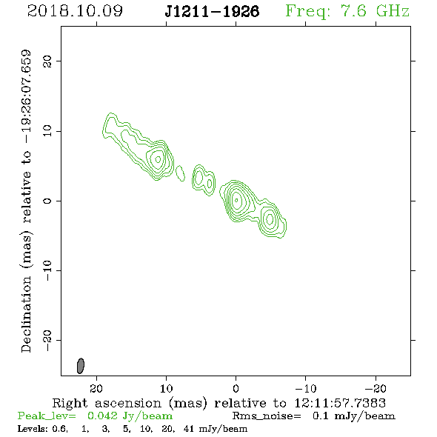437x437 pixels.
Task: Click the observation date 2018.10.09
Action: tap(75, 11)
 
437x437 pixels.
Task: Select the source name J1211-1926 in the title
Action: tap(212, 11)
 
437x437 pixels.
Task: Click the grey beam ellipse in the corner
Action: tap(81, 366)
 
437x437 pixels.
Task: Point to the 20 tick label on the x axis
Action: tap(96, 388)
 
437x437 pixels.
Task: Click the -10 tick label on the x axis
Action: tap(306, 388)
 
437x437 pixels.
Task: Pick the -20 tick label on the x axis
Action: tap(376, 388)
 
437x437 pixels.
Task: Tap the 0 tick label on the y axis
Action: tap(47, 201)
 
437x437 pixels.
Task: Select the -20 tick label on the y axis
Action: tap(47, 340)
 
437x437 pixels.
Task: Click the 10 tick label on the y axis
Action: tap(47, 131)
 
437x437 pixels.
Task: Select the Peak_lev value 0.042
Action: tap(102, 416)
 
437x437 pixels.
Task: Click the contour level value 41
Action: tap(189, 428)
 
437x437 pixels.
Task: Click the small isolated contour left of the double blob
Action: tap(180, 173)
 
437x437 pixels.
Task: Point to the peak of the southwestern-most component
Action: tap(270, 218)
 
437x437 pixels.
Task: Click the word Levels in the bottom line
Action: tap(32, 428)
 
